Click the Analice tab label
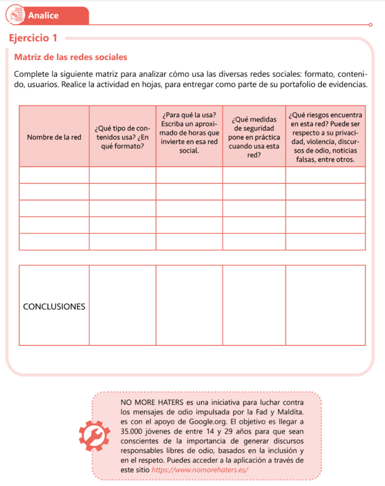[x=43, y=15]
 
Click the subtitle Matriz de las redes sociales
[x=71, y=57]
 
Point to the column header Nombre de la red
[x=54, y=137]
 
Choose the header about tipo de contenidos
[x=122, y=137]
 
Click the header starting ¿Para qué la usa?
[x=189, y=132]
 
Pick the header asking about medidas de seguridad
[x=254, y=137]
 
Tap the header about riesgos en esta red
[x=325, y=137]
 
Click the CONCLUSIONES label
[x=54, y=306]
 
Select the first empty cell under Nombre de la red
[x=54, y=175]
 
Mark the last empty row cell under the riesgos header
[x=325, y=242]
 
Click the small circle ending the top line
[x=370, y=25]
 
